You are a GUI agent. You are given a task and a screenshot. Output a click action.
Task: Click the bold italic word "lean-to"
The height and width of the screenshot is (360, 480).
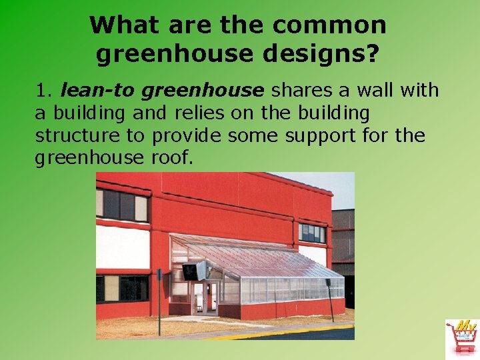[97, 89]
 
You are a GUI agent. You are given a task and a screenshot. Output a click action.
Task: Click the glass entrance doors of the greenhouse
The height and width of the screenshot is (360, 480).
[205, 297]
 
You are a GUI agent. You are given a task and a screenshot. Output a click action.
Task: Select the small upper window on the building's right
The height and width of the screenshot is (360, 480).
[312, 233]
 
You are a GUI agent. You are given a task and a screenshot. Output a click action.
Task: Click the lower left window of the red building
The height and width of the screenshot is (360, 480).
[123, 288]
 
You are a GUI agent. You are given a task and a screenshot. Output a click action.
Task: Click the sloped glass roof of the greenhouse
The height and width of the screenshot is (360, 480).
[267, 257]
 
